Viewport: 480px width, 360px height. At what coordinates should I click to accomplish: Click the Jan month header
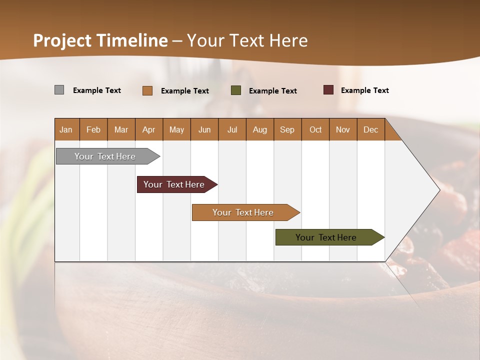tap(66, 129)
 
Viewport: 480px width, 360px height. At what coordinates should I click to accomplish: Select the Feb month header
tap(93, 129)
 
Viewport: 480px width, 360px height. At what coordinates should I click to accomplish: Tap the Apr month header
tap(149, 129)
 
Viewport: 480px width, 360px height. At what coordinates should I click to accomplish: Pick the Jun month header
tap(204, 129)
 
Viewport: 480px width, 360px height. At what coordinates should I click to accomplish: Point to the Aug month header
tap(260, 129)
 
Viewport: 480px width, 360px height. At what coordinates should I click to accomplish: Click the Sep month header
tap(287, 129)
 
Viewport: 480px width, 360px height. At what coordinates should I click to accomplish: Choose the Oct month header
tap(315, 129)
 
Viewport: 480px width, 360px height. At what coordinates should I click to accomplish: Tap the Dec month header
tap(371, 129)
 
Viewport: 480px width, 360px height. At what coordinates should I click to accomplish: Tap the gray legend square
tap(59, 90)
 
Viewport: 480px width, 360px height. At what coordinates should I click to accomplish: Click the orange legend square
tap(147, 90)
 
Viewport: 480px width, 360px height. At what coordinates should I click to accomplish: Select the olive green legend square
tap(236, 90)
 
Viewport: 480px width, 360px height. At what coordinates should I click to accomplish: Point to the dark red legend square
tap(328, 90)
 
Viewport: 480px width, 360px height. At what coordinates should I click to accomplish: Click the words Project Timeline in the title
tap(100, 40)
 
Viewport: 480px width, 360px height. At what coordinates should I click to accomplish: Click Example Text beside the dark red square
tap(364, 90)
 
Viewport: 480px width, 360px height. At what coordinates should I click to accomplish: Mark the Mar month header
tap(121, 129)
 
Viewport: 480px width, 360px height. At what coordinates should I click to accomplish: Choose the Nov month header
tap(343, 129)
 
